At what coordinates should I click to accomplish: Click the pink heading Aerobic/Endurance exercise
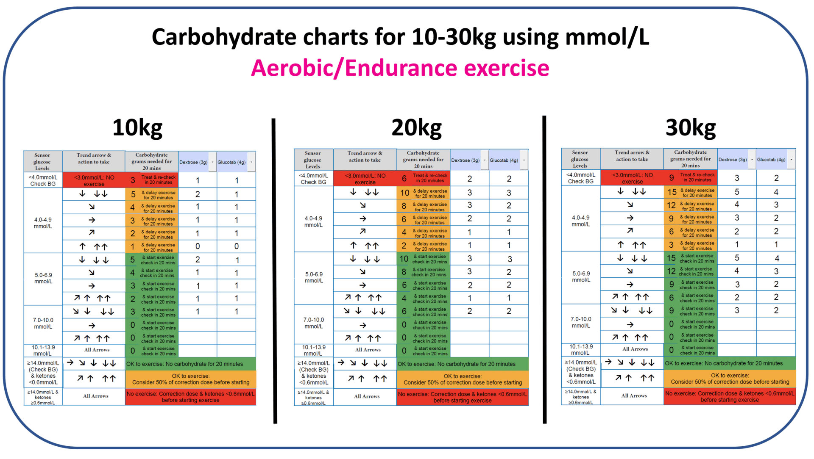point(400,68)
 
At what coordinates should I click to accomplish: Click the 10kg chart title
point(137,127)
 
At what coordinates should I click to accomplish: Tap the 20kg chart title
point(416,127)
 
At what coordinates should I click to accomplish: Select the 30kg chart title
point(690,127)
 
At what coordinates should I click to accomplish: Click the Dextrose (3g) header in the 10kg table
point(193,162)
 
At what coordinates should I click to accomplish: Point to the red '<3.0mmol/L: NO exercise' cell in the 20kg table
point(365,179)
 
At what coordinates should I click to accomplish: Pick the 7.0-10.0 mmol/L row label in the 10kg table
point(43,324)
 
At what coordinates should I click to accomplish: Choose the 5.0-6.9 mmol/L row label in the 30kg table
point(580,277)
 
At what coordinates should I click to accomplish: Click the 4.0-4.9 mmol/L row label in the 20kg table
point(313,221)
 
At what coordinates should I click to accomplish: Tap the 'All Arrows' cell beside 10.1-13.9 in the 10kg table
point(97,350)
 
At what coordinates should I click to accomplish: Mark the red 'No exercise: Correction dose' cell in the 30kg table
point(729,396)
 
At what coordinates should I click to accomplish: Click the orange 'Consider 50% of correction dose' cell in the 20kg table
point(462,379)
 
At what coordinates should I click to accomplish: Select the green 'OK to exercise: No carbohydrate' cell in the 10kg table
point(190,364)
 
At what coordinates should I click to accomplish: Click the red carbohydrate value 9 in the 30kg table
point(671,178)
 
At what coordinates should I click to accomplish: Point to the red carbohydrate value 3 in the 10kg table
point(133,180)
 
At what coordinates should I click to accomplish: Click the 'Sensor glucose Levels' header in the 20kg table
point(312,160)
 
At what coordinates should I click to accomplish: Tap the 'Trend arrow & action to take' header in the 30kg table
point(632,156)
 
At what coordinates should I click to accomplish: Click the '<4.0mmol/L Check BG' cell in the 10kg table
point(43,180)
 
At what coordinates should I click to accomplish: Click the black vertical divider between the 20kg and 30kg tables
point(544,271)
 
